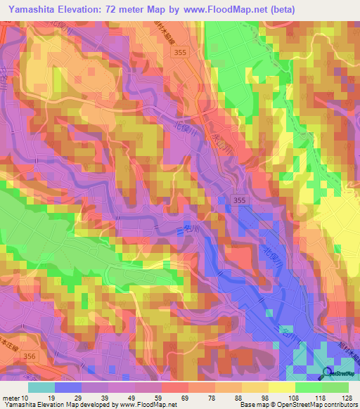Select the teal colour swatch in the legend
(x=41, y=387)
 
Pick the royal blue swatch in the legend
(x=67, y=387)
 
